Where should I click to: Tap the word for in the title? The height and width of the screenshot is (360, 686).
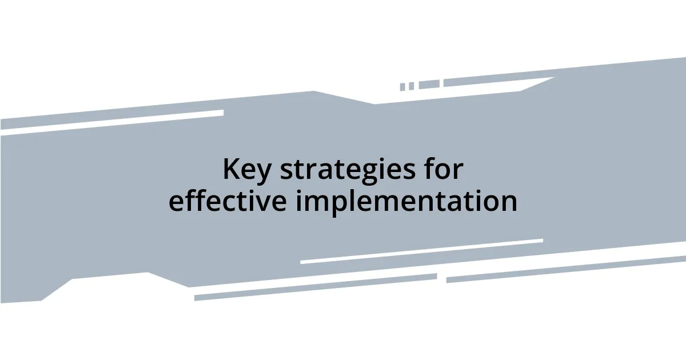(445, 169)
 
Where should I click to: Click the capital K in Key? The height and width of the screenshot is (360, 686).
(231, 170)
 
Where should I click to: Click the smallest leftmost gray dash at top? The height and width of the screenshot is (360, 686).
(402, 87)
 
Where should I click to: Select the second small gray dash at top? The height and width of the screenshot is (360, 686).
(411, 86)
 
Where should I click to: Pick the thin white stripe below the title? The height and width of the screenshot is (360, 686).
(421, 251)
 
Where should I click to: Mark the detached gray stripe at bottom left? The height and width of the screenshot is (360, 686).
(315, 287)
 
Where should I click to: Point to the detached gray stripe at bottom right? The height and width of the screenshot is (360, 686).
(566, 269)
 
